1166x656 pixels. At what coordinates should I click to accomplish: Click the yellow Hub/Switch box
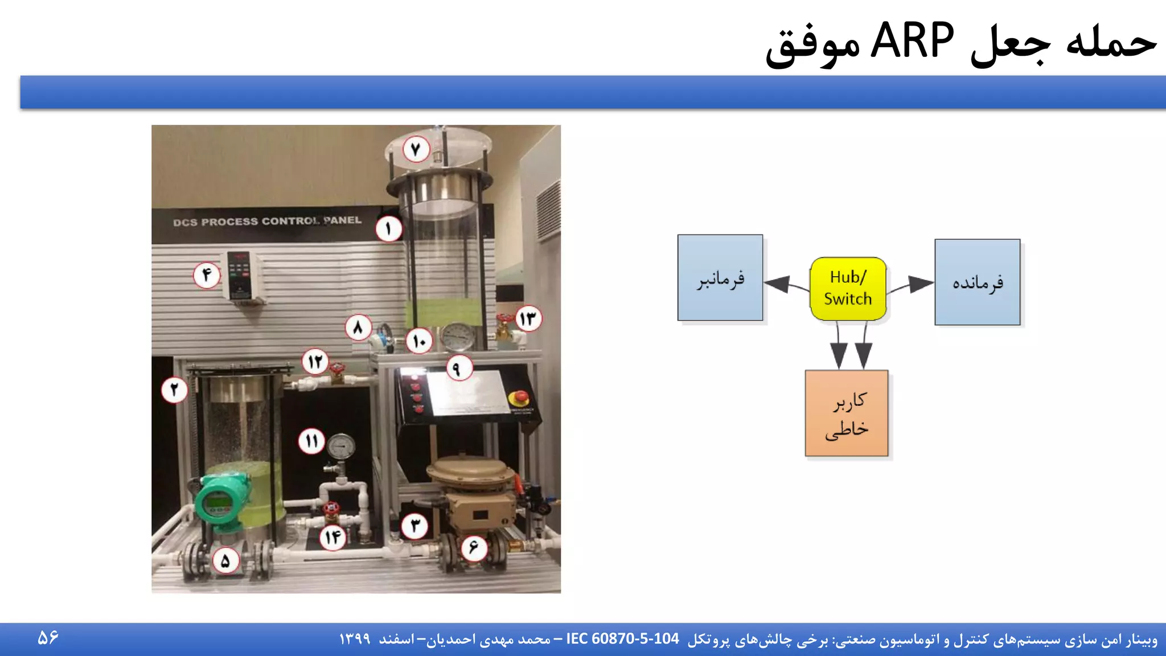848,289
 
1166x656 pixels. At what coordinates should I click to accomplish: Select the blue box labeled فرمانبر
720,278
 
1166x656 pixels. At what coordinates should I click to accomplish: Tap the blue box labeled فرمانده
977,282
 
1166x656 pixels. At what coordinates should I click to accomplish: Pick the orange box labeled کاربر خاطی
847,413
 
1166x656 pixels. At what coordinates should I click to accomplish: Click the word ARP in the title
912,41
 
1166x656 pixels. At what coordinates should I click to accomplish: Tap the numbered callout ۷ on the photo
416,149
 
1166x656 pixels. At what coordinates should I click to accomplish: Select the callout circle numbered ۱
389,229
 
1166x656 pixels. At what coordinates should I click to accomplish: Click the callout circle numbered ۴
207,275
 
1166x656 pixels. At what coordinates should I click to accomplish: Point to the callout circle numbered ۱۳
528,318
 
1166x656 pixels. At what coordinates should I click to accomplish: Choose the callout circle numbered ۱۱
312,441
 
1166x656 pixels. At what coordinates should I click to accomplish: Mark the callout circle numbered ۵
225,561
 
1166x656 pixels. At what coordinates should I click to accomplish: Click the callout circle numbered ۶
473,548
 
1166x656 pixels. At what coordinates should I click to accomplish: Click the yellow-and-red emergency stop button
519,397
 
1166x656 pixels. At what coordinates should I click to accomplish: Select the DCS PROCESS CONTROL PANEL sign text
267,221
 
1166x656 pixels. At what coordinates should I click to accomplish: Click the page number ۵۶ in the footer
48,638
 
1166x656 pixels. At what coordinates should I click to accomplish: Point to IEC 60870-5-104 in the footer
622,639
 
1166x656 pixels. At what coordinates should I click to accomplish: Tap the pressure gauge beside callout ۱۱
341,447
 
